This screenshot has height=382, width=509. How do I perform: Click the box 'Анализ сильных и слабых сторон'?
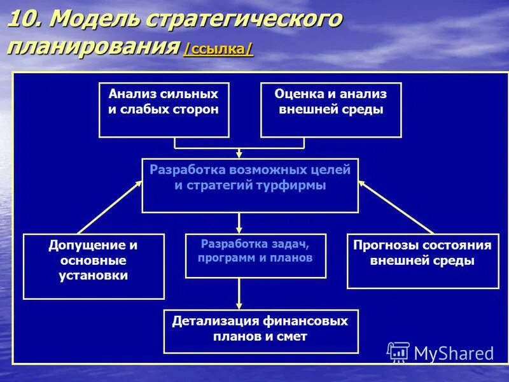coord(164,110)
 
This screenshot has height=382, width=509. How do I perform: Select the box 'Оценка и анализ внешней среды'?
coord(331,110)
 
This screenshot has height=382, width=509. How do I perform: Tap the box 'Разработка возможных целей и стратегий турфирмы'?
coord(250,185)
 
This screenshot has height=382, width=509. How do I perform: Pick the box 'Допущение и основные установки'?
coord(94,266)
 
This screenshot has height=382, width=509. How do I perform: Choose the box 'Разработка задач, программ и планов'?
coord(255,255)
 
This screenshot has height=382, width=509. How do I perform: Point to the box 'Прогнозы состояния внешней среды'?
coord(422,261)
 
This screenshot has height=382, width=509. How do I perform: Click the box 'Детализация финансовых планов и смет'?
coord(261,330)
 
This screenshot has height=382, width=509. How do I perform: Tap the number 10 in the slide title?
coord(23,20)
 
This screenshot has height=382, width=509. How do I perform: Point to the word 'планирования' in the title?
coord(92,47)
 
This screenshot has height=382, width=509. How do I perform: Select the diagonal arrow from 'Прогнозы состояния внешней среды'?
coord(396,207)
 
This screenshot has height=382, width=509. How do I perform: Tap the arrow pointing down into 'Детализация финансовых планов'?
coord(240,295)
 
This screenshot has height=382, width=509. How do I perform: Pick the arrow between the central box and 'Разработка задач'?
coord(240,223)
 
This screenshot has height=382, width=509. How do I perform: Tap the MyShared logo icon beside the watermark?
coord(398,352)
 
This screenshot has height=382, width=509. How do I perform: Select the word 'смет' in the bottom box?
coord(294,337)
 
